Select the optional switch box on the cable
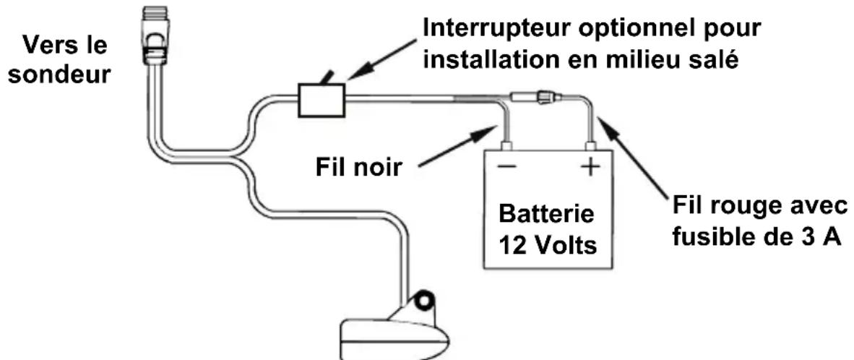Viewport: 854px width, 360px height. [x=322, y=100]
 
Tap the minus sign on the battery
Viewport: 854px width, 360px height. [x=506, y=166]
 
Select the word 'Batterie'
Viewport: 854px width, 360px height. [x=547, y=215]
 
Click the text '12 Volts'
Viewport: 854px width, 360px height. [x=548, y=246]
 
